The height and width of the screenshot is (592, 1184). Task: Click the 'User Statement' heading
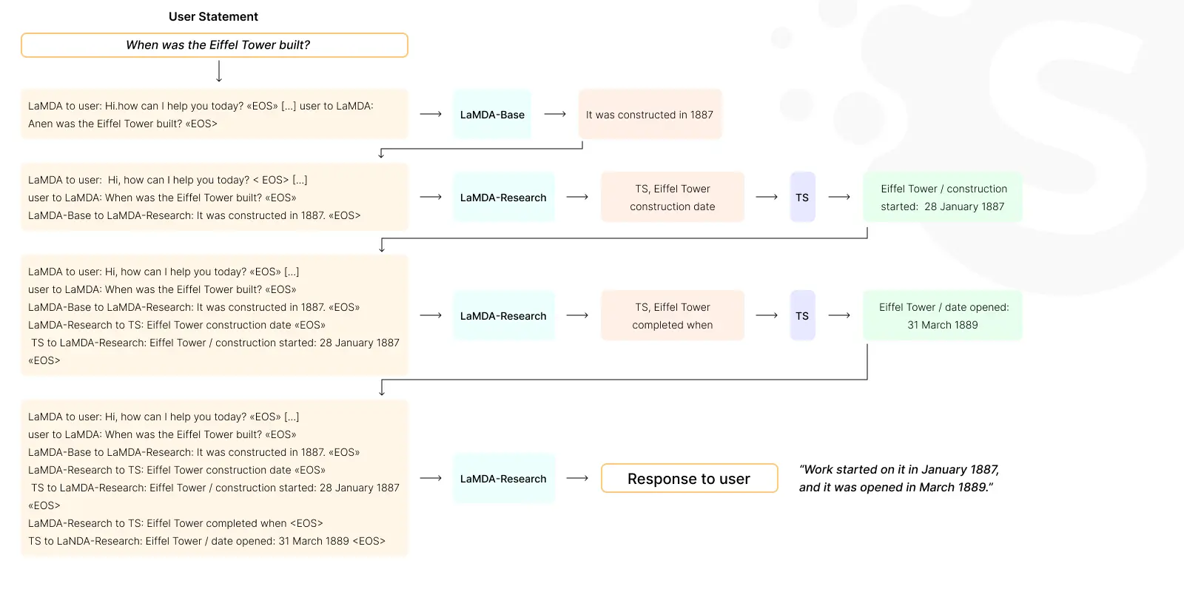pos(213,16)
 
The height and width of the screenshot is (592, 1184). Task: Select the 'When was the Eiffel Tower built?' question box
pos(215,45)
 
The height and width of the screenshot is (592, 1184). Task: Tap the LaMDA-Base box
pos(492,114)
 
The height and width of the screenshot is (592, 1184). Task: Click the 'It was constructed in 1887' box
pos(650,114)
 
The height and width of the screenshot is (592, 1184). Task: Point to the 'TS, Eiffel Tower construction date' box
pos(673,197)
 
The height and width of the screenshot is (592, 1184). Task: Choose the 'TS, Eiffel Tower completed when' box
pos(673,315)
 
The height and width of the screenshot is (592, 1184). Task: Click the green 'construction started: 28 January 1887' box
pos(943,197)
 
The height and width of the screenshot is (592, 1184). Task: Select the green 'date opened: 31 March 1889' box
pos(943,315)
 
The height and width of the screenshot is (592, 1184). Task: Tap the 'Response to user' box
pos(689,478)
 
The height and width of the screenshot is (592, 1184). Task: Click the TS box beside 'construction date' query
pos(802,197)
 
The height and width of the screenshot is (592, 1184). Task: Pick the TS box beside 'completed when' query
pos(802,315)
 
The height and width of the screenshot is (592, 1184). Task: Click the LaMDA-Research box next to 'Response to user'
pos(503,478)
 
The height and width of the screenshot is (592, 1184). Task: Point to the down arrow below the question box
pos(219,71)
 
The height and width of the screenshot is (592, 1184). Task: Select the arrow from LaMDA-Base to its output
pos(555,114)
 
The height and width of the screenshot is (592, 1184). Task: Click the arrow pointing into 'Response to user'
pos(577,478)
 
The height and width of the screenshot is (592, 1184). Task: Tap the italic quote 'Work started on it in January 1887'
pos(899,469)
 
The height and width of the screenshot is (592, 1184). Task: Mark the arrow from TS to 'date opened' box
pos(839,315)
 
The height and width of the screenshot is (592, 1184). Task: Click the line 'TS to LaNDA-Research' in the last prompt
pos(206,541)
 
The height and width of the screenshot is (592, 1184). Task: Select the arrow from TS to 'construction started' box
pos(839,197)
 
